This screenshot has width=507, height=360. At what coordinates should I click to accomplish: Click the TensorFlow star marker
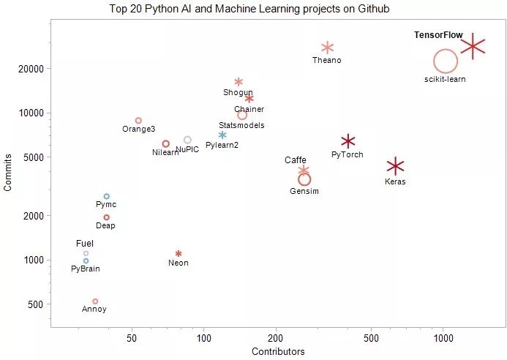coord(473,46)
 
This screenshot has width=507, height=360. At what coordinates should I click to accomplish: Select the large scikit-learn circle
coord(445,62)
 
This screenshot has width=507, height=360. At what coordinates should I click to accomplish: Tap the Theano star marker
coord(327,48)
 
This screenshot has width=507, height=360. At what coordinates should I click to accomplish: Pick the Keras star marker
coord(395,166)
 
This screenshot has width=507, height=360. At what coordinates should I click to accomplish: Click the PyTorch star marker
coord(348,141)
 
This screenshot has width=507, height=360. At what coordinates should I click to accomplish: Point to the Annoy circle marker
coord(95,301)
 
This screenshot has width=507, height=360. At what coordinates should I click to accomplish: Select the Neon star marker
coord(179,254)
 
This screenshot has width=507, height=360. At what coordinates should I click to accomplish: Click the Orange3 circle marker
coord(138,120)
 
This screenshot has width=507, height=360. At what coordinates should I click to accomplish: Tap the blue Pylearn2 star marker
coord(222,135)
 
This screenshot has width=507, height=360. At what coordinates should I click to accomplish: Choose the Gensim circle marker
coord(304,179)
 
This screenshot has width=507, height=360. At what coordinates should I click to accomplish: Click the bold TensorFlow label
coord(438,35)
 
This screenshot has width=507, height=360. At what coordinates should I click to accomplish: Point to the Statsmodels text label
coord(241,125)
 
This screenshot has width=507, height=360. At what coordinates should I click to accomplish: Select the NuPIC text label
coord(187,149)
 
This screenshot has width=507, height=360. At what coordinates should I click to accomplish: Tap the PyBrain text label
coord(86,269)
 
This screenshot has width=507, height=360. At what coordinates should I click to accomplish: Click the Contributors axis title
coord(278,352)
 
